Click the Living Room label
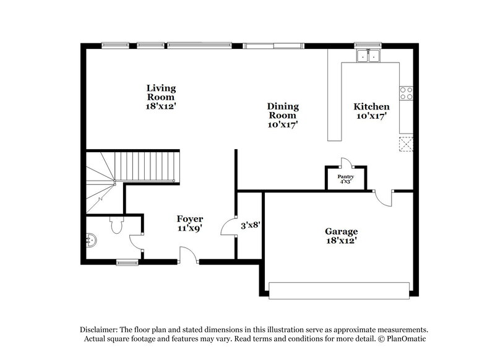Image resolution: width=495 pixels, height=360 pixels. tap(161, 97)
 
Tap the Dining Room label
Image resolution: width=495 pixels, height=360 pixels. tap(283, 115)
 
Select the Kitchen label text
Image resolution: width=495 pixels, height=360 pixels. tap(371, 111)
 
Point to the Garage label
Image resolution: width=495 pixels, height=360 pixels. tap(341, 236)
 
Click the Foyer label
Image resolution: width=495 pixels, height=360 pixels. tap(190, 223)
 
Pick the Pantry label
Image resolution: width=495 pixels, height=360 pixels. tap(345, 179)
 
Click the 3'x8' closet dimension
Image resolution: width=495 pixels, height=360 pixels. tap(249, 225)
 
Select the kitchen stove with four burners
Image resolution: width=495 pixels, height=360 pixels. tap(407, 93)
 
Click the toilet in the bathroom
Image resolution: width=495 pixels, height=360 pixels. tap(116, 226)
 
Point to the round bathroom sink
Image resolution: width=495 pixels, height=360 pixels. tap(92, 240)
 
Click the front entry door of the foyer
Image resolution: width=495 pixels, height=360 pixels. tap(187, 256)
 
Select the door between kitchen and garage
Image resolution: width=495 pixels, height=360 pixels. tap(384, 199)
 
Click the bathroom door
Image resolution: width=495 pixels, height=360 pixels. tap(136, 242)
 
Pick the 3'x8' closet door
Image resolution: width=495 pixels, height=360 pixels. tap(230, 226)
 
